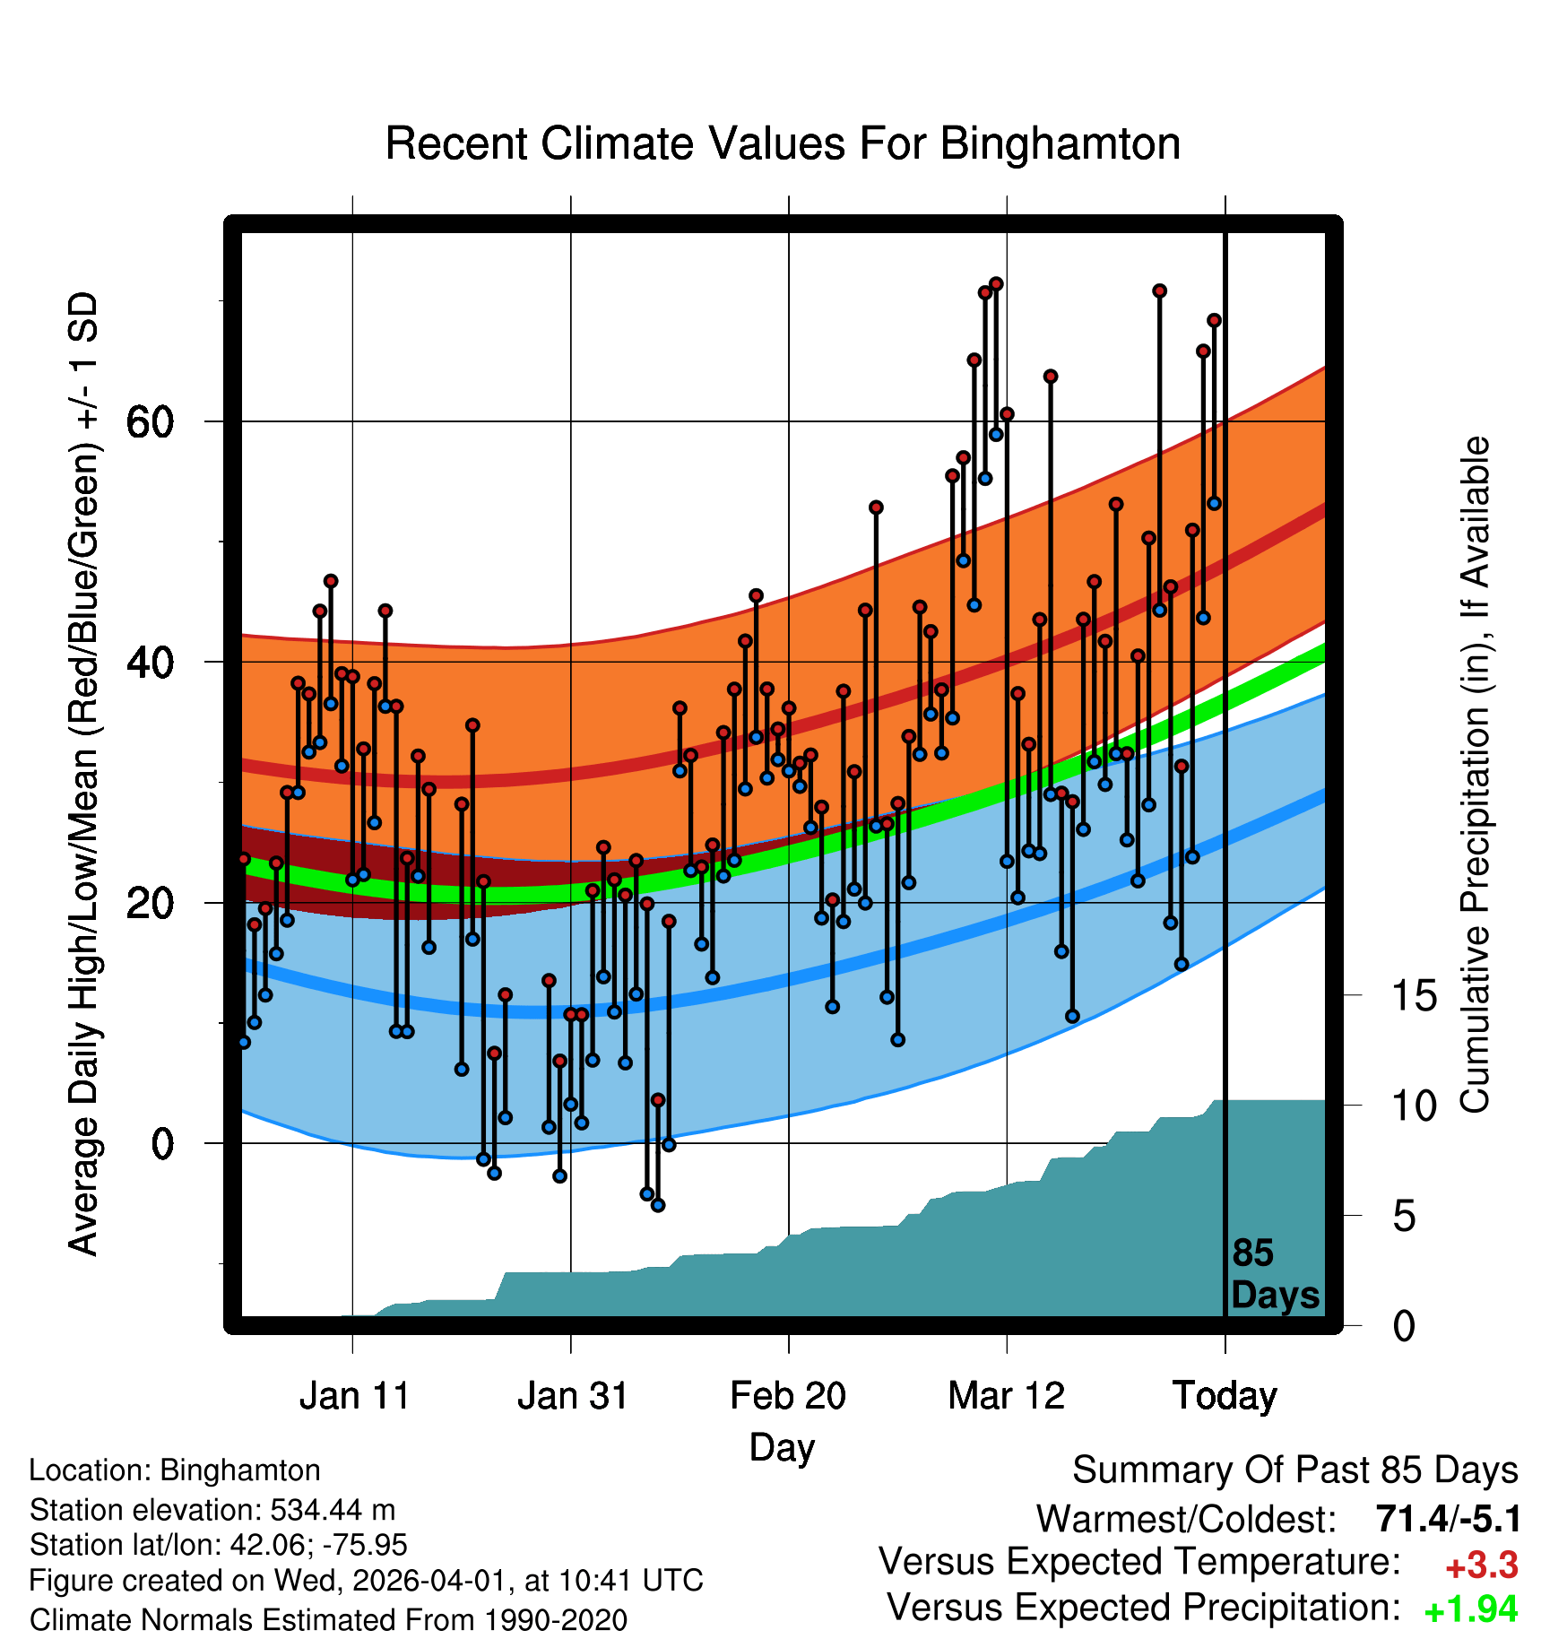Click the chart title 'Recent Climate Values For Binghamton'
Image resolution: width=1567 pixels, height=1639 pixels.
(783, 144)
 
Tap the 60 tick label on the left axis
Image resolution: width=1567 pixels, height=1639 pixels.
(150, 421)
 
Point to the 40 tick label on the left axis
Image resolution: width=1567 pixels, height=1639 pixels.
(150, 663)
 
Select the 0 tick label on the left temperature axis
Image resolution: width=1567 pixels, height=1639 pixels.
(161, 1144)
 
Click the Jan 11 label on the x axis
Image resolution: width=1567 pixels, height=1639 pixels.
(354, 1396)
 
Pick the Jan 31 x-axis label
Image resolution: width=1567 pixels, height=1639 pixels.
(572, 1396)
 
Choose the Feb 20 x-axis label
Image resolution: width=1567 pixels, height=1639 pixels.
(788, 1396)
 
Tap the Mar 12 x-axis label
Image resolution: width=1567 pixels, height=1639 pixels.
(1006, 1396)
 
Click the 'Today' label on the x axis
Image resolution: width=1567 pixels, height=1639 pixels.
(1225, 1396)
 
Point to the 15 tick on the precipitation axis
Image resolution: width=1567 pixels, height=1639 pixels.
(1414, 996)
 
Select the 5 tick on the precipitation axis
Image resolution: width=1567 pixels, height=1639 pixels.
(1404, 1217)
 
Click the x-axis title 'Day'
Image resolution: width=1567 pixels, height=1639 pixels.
(782, 1447)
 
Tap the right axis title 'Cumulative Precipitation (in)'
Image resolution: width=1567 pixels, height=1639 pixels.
(1476, 776)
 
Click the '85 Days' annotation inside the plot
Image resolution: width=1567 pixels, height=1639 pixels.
(1274, 1275)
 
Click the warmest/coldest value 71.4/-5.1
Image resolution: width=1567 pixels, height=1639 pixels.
(1448, 1520)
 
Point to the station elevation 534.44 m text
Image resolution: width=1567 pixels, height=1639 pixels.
(212, 1510)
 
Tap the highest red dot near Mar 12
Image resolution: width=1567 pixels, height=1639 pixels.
(996, 284)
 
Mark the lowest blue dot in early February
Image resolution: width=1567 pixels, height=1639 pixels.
(658, 1205)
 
